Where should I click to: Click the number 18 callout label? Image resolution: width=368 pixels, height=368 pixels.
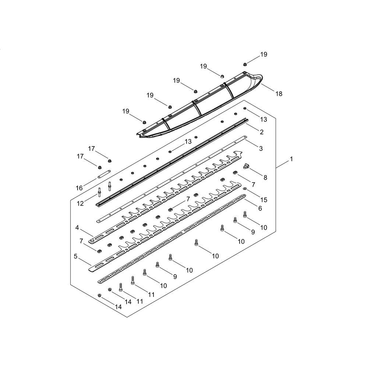(x=279, y=93)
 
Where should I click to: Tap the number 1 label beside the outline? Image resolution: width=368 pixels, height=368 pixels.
(x=291, y=159)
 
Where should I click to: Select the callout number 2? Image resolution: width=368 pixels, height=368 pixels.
(x=261, y=132)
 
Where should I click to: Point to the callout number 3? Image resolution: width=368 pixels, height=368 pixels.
(x=261, y=149)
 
